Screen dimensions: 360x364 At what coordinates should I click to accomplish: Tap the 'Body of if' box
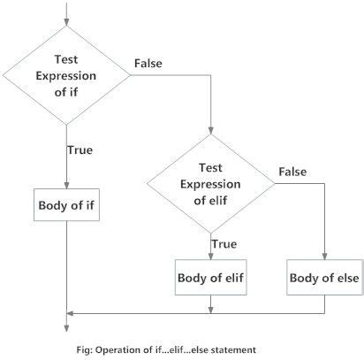(68, 205)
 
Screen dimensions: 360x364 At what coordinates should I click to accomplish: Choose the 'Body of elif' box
(212, 278)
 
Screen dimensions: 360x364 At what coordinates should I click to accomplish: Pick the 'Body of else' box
(325, 278)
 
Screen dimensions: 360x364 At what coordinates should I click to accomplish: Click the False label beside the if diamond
(148, 63)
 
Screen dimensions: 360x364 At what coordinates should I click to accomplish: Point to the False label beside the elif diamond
(292, 169)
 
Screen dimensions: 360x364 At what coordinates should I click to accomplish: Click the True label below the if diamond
(80, 149)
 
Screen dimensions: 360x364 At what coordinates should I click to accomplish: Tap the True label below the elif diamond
(224, 241)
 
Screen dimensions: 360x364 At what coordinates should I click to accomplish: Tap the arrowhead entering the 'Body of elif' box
(212, 257)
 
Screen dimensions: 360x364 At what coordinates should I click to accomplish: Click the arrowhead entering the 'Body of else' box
(325, 257)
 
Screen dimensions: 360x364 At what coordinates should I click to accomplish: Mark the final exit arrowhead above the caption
(68, 331)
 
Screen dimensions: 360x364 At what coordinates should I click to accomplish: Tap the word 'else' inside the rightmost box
(343, 278)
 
